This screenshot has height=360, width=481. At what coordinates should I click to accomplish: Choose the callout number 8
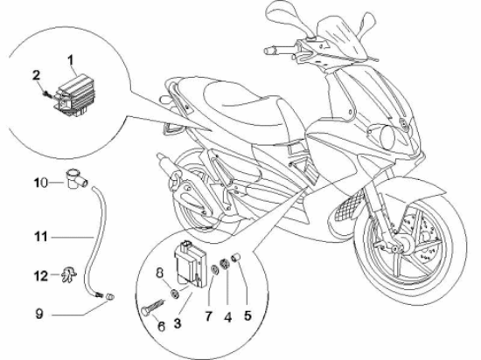[x=159, y=273]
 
